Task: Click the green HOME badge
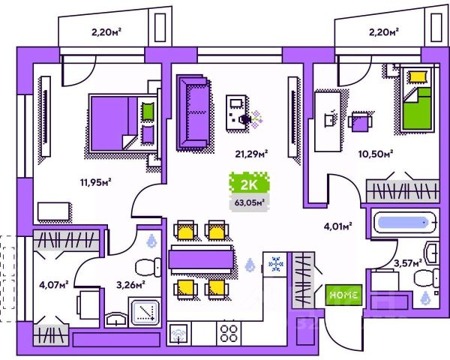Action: (x=345, y=295)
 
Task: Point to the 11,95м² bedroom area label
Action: (x=96, y=181)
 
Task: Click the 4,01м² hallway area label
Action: (x=339, y=223)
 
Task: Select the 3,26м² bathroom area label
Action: (x=130, y=283)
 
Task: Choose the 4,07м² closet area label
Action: (x=53, y=283)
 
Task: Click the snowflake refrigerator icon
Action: (x=274, y=264)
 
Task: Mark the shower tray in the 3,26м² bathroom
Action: (x=144, y=312)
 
